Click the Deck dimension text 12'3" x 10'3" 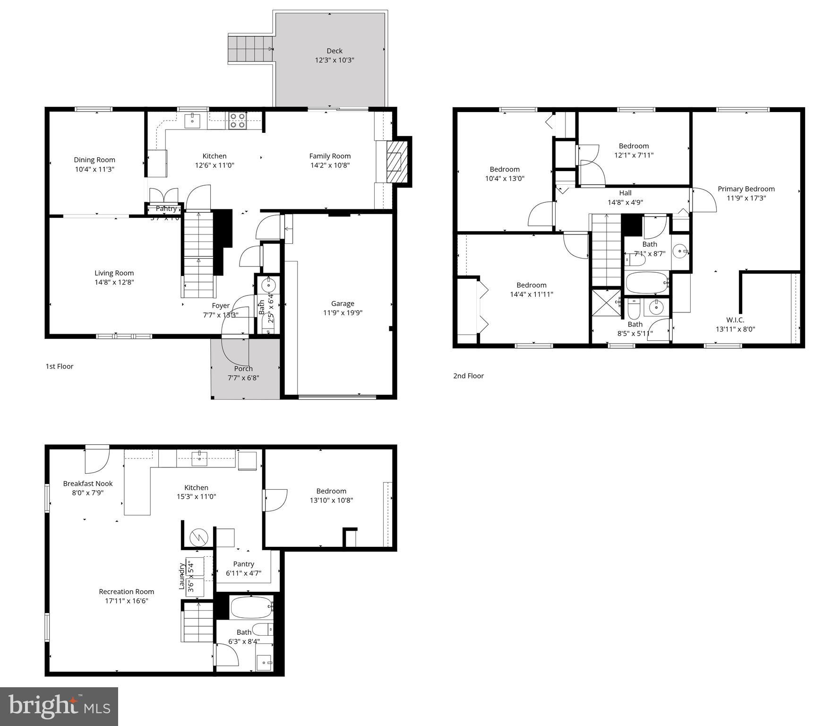pos(334,60)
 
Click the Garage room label pos(343,303)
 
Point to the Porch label pos(243,369)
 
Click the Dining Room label pos(94,160)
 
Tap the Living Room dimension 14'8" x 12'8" pos(114,282)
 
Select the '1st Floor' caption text pos(60,366)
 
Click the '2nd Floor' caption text pos(468,376)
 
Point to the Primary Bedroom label pos(746,189)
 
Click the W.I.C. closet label pos(735,320)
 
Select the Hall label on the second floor pos(625,193)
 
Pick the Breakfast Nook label pos(88,484)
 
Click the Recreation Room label pos(126,592)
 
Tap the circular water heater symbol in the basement pos(198,537)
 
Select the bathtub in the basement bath pos(251,607)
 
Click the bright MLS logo pos(59,706)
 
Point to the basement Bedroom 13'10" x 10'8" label pos(331,491)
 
